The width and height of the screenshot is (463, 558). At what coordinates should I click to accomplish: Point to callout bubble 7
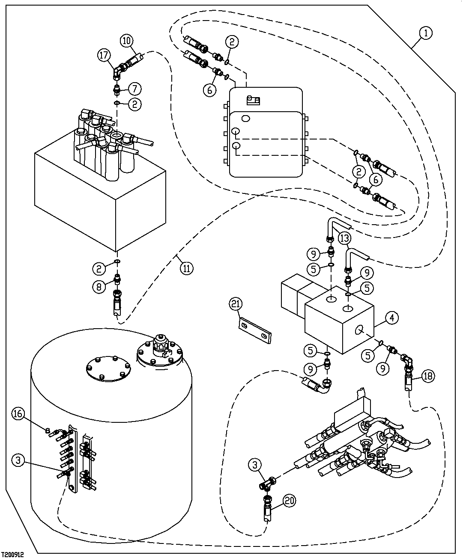(134, 89)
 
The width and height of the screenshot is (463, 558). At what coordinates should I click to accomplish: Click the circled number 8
(99, 286)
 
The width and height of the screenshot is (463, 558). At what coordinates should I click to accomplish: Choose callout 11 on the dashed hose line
(186, 268)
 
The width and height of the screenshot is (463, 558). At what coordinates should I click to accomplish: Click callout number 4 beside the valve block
(392, 318)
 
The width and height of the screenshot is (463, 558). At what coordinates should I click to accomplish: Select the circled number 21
(236, 304)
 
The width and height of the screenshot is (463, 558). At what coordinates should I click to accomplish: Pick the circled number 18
(428, 376)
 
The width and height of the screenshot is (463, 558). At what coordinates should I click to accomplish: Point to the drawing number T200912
(12, 554)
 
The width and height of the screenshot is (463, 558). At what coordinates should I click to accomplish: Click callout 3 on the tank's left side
(18, 461)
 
